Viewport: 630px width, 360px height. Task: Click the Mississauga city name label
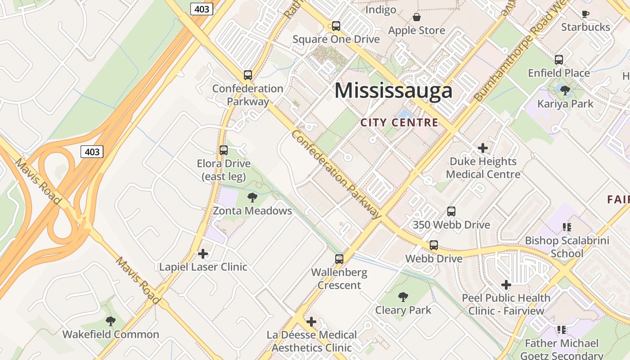tap(393, 90)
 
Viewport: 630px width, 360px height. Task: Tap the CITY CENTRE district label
tap(399, 122)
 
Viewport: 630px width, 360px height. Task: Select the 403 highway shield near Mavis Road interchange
tap(92, 152)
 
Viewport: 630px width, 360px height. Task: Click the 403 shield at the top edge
tap(201, 9)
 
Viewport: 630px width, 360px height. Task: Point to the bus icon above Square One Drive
tap(336, 26)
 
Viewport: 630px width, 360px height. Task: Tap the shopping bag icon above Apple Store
tap(417, 17)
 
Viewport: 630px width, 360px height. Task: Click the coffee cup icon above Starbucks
tap(585, 14)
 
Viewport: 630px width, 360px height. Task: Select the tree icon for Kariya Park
tap(565, 90)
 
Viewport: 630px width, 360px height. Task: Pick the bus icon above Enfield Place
tap(558, 59)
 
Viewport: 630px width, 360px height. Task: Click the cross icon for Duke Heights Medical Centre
tap(482, 148)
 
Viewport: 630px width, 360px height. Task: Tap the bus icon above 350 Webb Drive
tap(451, 211)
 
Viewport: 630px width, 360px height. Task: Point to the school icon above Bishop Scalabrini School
tap(567, 227)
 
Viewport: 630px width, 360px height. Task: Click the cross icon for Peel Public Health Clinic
tap(506, 284)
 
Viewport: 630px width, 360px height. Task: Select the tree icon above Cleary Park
tap(403, 297)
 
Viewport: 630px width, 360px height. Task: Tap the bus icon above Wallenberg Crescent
tap(339, 259)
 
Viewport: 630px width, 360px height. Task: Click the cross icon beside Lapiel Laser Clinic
tap(203, 254)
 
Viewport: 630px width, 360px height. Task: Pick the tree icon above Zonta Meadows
tap(252, 197)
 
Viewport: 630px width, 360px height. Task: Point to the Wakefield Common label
tap(111, 334)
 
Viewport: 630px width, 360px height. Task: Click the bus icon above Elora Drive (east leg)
tap(224, 150)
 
